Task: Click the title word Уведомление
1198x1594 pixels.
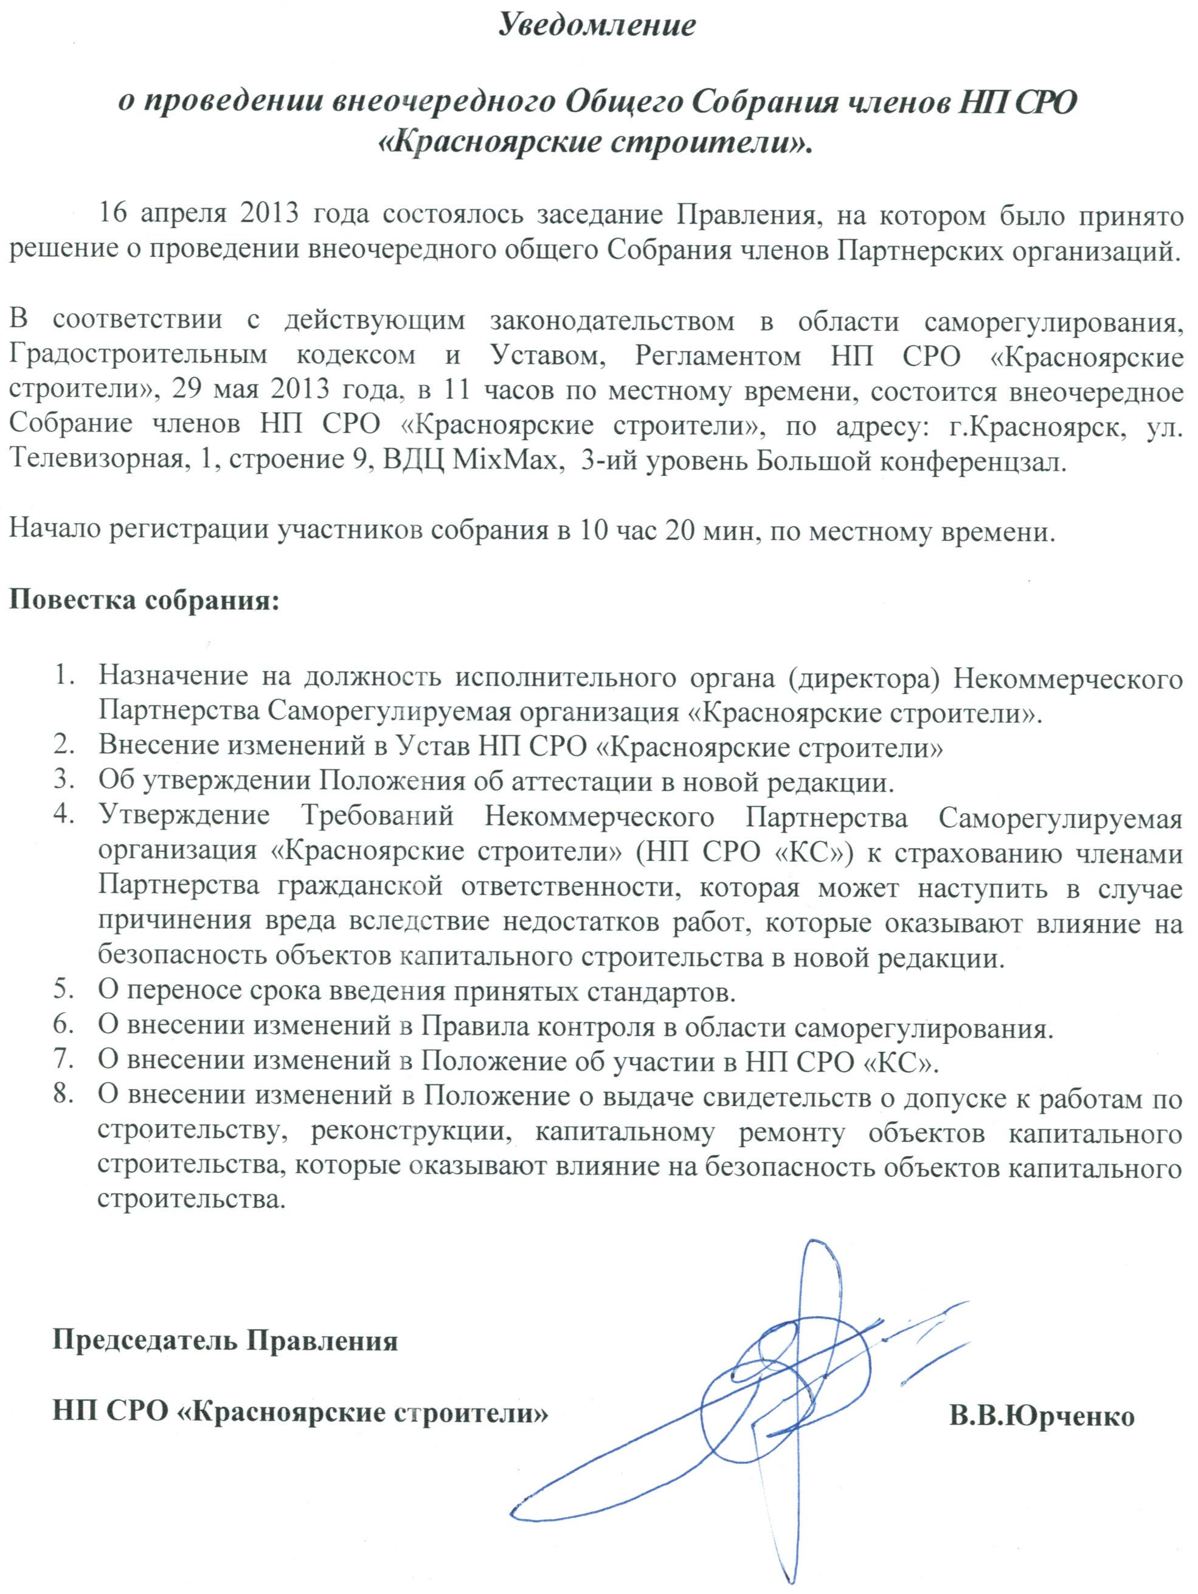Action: coord(597,27)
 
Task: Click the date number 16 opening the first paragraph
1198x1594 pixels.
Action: coord(114,215)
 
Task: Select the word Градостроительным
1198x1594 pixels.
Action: coord(137,356)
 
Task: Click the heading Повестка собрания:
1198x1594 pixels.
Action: coord(144,599)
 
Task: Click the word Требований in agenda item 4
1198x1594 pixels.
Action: coord(378,817)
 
